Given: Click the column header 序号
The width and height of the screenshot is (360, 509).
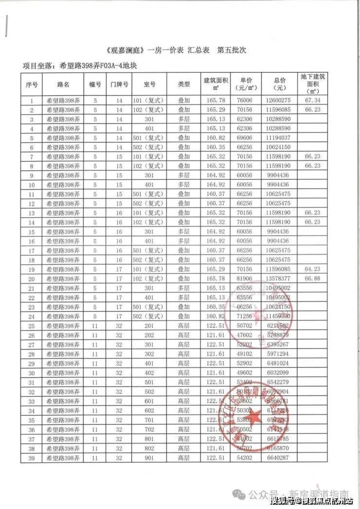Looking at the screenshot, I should [32, 84].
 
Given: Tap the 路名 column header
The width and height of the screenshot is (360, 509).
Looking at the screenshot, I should [63, 84].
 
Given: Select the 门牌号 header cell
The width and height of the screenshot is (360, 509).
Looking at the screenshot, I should [119, 84].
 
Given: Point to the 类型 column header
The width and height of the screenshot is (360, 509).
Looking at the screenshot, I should [184, 84].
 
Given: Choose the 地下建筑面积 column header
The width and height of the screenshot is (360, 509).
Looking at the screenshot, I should [313, 84].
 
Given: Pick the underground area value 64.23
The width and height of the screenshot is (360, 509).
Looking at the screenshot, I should [313, 269].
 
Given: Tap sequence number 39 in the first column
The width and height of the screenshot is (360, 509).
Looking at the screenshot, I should [32, 458].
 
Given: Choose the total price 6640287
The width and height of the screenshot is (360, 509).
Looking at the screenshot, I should [279, 458].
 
